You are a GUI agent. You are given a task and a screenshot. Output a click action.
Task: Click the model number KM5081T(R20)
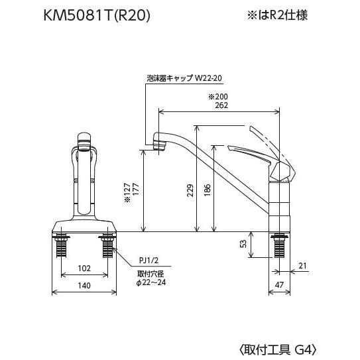(97, 15)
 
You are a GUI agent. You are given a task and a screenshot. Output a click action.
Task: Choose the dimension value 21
(304, 266)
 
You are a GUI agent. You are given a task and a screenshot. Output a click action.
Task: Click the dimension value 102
(84, 269)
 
